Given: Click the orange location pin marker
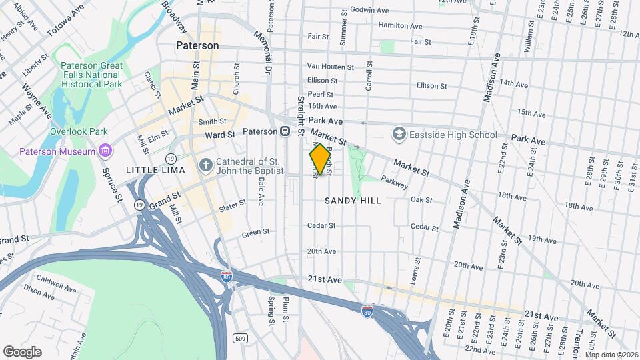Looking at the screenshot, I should click(320, 159).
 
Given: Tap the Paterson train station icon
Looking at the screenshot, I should click(284, 131).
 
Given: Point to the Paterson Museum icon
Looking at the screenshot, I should click(105, 151).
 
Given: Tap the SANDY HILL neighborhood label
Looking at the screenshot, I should click(353, 200).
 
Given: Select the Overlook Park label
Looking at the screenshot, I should click(79, 131).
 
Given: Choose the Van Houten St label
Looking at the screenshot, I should click(330, 67).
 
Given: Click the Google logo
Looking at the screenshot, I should click(23, 351).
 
